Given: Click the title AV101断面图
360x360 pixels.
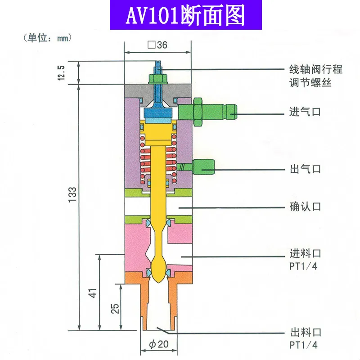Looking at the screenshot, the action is [x=185, y=16].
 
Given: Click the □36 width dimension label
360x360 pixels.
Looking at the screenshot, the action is [x=157, y=45].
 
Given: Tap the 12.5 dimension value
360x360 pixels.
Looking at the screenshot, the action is [x=61, y=73].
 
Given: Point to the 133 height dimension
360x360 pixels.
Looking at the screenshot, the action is [x=72, y=194].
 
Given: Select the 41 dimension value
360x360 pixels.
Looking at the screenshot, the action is [x=93, y=293].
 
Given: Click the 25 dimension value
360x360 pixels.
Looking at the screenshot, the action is [x=115, y=309].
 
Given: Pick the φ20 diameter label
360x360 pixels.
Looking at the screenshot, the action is [x=159, y=344].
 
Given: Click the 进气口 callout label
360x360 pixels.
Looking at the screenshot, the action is [x=305, y=112].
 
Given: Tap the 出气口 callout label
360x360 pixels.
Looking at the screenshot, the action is [x=306, y=169].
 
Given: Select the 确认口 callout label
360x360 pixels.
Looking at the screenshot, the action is [x=306, y=207].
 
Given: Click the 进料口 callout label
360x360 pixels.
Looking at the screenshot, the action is [x=306, y=253].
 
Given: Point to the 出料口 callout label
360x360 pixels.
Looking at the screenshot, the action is [x=306, y=332].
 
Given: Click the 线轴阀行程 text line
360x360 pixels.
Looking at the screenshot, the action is [x=316, y=69].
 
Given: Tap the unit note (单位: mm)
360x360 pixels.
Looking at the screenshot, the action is [x=47, y=38].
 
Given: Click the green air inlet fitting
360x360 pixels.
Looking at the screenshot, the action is [x=207, y=112].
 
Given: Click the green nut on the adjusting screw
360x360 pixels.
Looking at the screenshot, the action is [x=158, y=78].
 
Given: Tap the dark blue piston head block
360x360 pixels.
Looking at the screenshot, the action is [x=158, y=113].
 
